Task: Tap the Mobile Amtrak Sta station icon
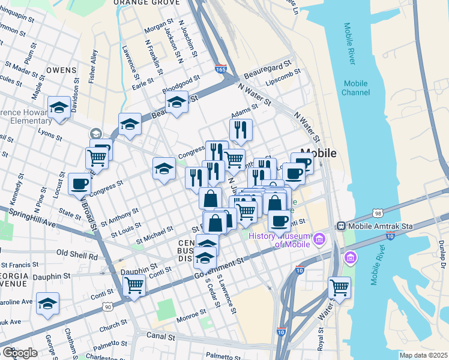pyautogui.click(x=341, y=226)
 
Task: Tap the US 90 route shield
pyautogui.click(x=108, y=307)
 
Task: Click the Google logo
pyautogui.click(x=19, y=352)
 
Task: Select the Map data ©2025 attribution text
pyautogui.click(x=423, y=355)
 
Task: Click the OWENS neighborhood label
pyautogui.click(x=61, y=70)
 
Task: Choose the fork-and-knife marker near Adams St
pyautogui.click(x=241, y=130)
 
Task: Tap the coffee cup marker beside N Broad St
pyautogui.click(x=80, y=184)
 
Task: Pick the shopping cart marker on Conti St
pyautogui.click(x=134, y=284)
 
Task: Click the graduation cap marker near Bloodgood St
pyautogui.click(x=176, y=102)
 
